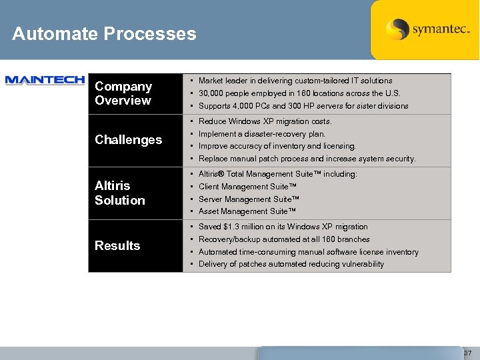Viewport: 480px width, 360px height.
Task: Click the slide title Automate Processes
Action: [x=104, y=34]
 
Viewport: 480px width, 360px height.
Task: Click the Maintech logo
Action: [x=45, y=81]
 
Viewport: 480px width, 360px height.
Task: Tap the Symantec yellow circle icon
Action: [x=397, y=29]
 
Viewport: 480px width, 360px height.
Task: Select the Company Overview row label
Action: [x=123, y=93]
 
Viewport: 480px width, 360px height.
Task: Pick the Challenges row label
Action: [x=129, y=140]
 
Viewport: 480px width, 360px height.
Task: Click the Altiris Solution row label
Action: [x=120, y=193]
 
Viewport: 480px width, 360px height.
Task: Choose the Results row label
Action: [x=117, y=245]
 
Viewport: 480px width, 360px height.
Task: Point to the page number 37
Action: [x=467, y=353]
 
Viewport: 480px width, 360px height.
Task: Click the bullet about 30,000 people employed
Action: [x=300, y=93]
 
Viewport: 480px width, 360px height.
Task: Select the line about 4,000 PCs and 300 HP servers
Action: [x=303, y=106]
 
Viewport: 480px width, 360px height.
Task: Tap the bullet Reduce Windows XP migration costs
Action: [x=265, y=121]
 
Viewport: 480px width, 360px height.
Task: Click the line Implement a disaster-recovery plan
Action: [x=262, y=134]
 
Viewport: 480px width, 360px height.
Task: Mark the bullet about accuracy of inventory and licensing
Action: [x=277, y=146]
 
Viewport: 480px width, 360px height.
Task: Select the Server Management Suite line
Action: [x=249, y=199]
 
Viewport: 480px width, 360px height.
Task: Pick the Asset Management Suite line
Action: [x=247, y=211]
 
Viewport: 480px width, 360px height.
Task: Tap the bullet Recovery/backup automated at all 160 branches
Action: [x=284, y=239]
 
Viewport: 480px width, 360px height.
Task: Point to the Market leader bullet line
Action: [x=295, y=81]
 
